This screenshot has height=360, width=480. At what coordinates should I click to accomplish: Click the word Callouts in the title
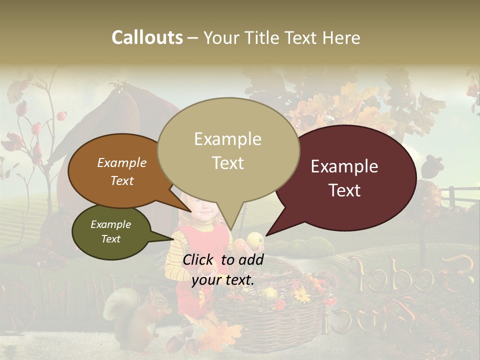(x=147, y=37)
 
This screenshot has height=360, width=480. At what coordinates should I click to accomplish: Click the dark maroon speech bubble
(x=350, y=177)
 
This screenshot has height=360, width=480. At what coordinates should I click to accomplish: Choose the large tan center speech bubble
(x=228, y=150)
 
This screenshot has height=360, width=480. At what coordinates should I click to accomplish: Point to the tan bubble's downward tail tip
(x=231, y=229)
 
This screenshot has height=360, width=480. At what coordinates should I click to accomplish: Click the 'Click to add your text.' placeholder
(x=222, y=269)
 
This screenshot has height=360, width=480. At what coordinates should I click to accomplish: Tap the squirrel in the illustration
(x=145, y=315)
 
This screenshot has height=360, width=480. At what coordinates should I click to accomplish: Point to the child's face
(x=200, y=212)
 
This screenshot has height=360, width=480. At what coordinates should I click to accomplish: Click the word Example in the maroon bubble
(x=344, y=166)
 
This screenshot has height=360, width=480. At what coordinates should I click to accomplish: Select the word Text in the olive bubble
(x=111, y=239)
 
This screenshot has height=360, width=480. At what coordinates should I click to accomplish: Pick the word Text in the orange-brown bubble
(x=122, y=180)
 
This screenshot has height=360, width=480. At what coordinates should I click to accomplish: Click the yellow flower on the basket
(x=302, y=295)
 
